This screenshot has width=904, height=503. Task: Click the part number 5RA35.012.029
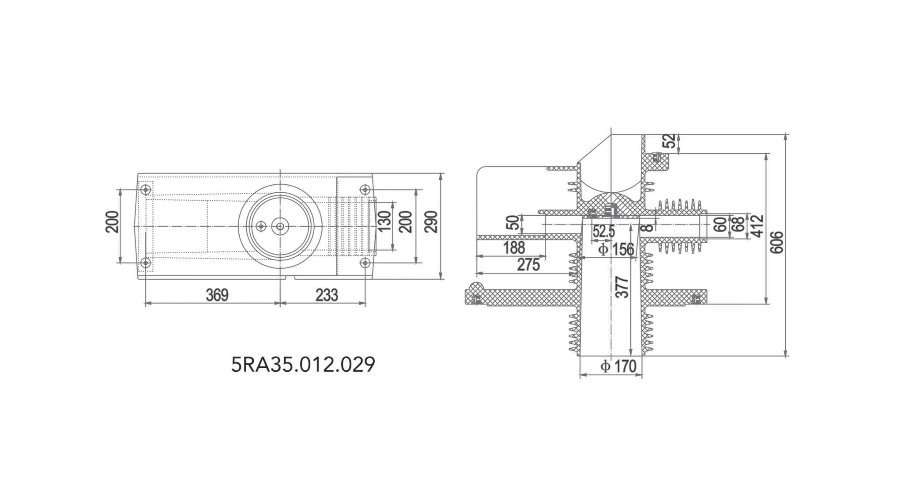pyautogui.click(x=303, y=365)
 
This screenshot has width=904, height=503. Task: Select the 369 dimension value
pyautogui.click(x=217, y=295)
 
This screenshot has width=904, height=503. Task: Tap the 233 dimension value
pyautogui.click(x=327, y=295)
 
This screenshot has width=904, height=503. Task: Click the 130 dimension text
pyautogui.click(x=384, y=221)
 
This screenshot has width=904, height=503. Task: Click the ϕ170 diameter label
pyautogui.click(x=618, y=366)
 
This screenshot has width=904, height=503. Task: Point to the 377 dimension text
pyautogui.click(x=622, y=287)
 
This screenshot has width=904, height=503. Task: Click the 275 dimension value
pyautogui.click(x=528, y=265)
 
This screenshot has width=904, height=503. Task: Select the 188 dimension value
pyautogui.click(x=514, y=248)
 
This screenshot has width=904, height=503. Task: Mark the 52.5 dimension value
pyautogui.click(x=603, y=231)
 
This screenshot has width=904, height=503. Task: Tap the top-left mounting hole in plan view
pyautogui.click(x=146, y=190)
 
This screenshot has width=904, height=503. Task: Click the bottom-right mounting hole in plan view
pyautogui.click(x=365, y=263)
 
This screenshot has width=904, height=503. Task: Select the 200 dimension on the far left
pyautogui.click(x=113, y=222)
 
